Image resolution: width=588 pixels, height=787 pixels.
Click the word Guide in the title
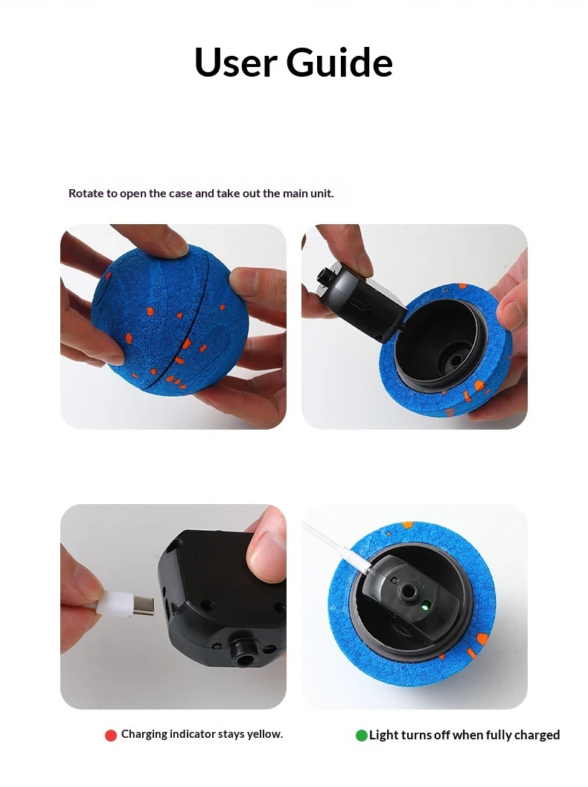pyautogui.click(x=339, y=63)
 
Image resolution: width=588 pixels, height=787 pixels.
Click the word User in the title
pyautogui.click(x=236, y=63)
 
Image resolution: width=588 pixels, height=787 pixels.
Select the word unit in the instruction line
pyautogui.click(x=322, y=194)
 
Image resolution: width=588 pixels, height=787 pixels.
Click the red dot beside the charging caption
pyautogui.click(x=111, y=736)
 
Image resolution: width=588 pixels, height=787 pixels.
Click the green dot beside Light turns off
pyautogui.click(x=361, y=736)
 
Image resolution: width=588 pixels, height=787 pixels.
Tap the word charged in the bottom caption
pyautogui.click(x=537, y=736)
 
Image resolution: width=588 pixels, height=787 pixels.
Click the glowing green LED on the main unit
pyautogui.click(x=424, y=606)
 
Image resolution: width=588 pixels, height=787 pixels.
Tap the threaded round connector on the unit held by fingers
pyautogui.click(x=244, y=653)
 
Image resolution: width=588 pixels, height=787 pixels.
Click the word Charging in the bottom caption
pyautogui.click(x=144, y=735)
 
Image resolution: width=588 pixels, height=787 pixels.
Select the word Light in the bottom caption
pyautogui.click(x=382, y=736)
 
